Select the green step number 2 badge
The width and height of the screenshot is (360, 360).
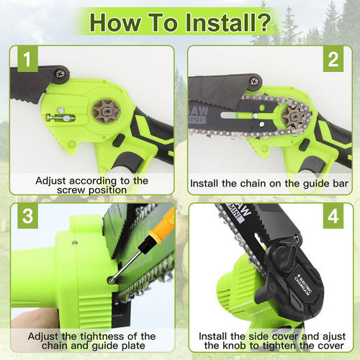click(333, 60)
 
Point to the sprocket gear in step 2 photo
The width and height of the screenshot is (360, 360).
click(294, 117)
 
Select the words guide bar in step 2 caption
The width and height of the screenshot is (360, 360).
click(324, 184)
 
